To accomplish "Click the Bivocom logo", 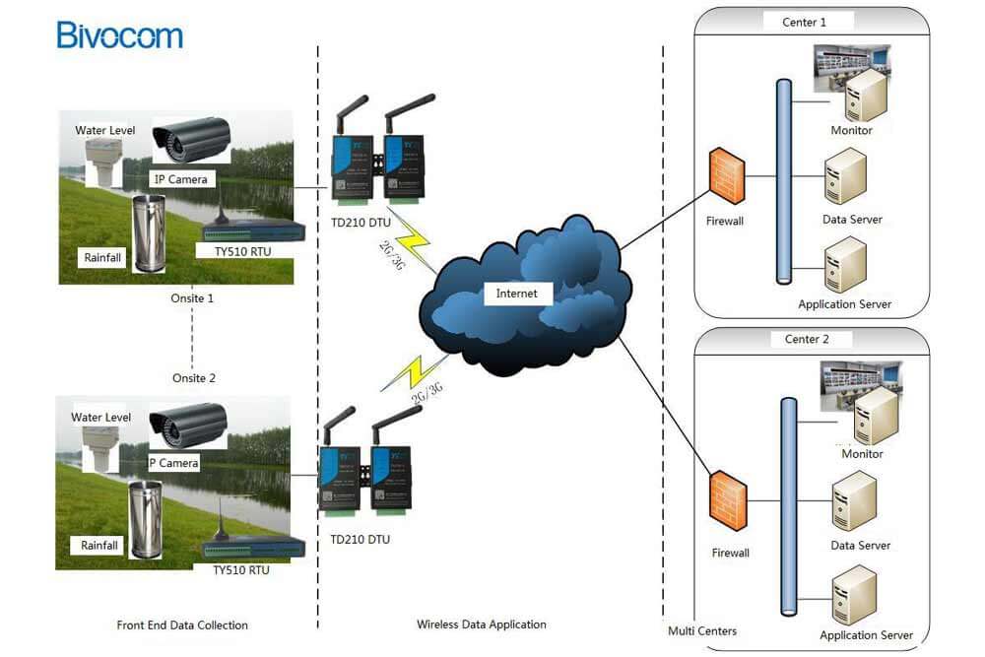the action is (119, 35).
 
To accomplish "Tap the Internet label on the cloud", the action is (516, 294).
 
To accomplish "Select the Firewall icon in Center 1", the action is (727, 176).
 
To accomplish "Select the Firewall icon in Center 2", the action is (729, 501).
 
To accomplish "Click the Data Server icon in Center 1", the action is (845, 176).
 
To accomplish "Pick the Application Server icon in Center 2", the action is (854, 596).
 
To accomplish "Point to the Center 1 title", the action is (804, 22).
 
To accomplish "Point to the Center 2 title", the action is (807, 339).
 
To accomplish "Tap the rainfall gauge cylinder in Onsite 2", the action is (145, 520).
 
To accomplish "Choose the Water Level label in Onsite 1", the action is (105, 130).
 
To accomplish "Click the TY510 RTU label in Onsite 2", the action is (241, 570).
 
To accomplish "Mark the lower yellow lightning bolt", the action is (415, 373).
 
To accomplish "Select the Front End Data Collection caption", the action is (182, 624).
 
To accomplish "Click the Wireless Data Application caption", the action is (482, 624).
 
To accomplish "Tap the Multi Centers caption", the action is (702, 631).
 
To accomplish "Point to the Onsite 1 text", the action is (192, 298).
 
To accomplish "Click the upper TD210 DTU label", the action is (361, 223).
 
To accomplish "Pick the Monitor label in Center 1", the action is (851, 130).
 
